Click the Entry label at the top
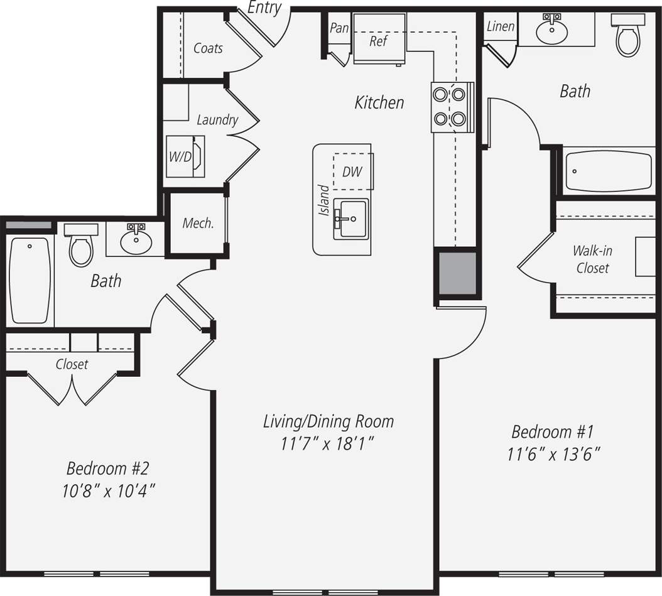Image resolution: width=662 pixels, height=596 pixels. (264, 8)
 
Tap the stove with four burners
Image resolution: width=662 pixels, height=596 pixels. (452, 107)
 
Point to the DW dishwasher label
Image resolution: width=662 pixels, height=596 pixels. (352, 171)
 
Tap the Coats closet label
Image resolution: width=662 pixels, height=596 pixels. (208, 48)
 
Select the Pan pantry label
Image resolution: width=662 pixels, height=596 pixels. (339, 28)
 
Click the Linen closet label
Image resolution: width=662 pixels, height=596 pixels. (501, 26)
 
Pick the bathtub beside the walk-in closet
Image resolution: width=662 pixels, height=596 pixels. (608, 171)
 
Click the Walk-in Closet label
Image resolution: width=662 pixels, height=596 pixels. (592, 259)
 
